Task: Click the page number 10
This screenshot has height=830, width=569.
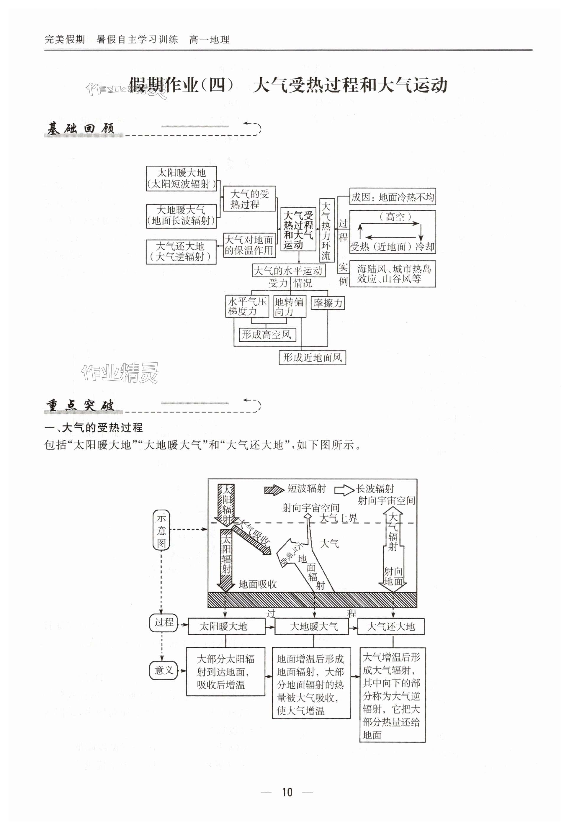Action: pos(287,792)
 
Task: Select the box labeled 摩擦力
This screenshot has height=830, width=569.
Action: pos(328,303)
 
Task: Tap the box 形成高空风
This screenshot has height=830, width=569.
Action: pos(267,335)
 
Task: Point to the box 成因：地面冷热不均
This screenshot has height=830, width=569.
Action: pos(392,197)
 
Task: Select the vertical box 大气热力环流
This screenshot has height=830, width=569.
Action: pos(326,230)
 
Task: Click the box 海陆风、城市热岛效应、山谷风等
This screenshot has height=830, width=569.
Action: pos(392,274)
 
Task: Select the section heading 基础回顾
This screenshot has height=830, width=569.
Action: pos(81,129)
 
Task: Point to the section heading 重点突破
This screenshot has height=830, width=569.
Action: pos(81,406)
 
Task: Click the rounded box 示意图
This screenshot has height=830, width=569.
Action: pos(161,530)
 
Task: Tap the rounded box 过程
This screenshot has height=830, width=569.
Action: pos(163,623)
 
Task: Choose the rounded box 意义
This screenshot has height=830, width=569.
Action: pos(163,670)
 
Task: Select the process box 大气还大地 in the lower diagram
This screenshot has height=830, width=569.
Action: pos(391,626)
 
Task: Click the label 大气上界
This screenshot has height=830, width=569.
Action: pos(338,518)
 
